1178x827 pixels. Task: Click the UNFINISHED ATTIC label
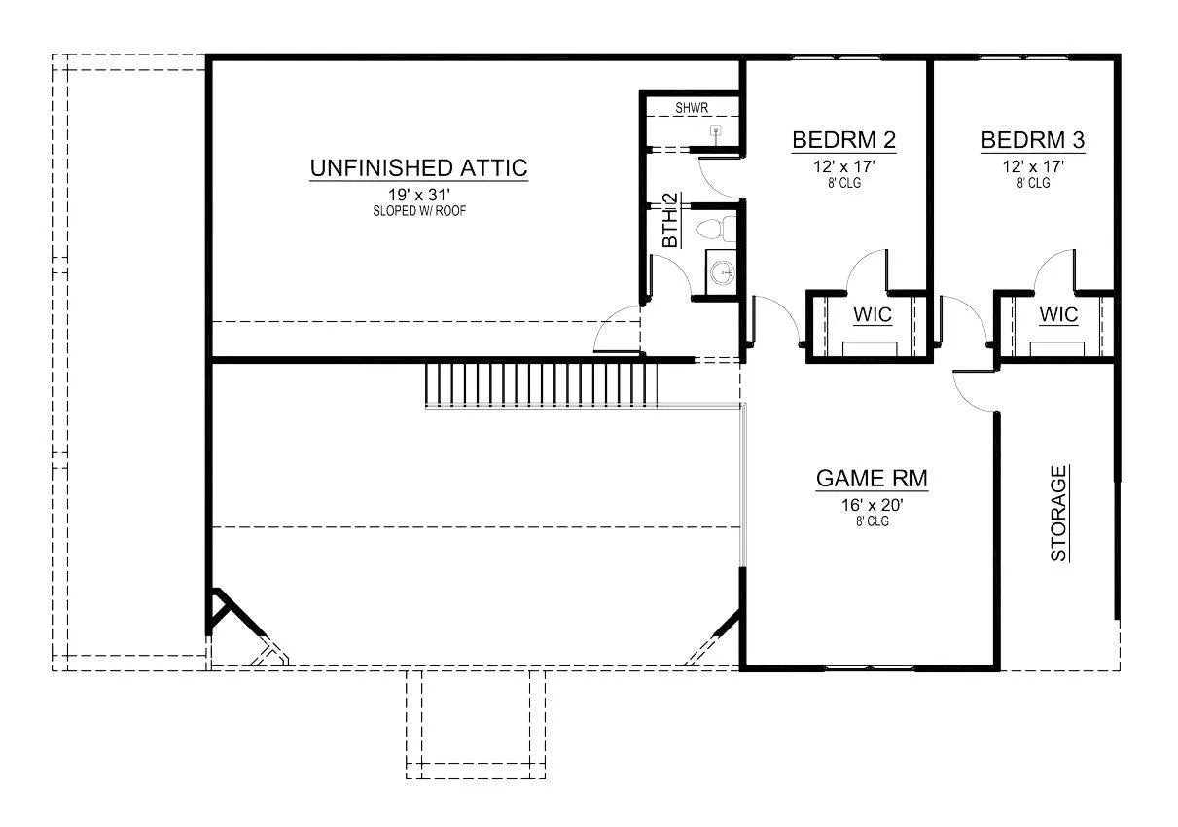[418, 168]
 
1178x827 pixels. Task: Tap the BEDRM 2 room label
[844, 140]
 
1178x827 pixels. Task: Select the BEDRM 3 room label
[1033, 140]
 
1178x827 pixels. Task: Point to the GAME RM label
[872, 479]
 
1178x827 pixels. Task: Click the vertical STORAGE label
[1058, 514]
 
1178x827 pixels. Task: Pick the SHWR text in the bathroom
[692, 108]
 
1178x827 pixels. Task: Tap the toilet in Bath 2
[716, 229]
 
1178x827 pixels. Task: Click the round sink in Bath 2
[722, 273]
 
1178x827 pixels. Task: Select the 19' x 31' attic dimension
[419, 196]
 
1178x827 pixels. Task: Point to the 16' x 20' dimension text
[872, 505]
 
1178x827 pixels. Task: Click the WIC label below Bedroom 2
[873, 314]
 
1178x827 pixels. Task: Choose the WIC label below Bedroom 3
[1058, 314]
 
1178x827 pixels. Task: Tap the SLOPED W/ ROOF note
[419, 211]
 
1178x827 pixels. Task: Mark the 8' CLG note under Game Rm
[872, 521]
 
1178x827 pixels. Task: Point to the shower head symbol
[715, 129]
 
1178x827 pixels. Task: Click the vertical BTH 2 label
[670, 220]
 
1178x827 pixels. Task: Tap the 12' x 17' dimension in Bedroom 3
[1033, 166]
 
